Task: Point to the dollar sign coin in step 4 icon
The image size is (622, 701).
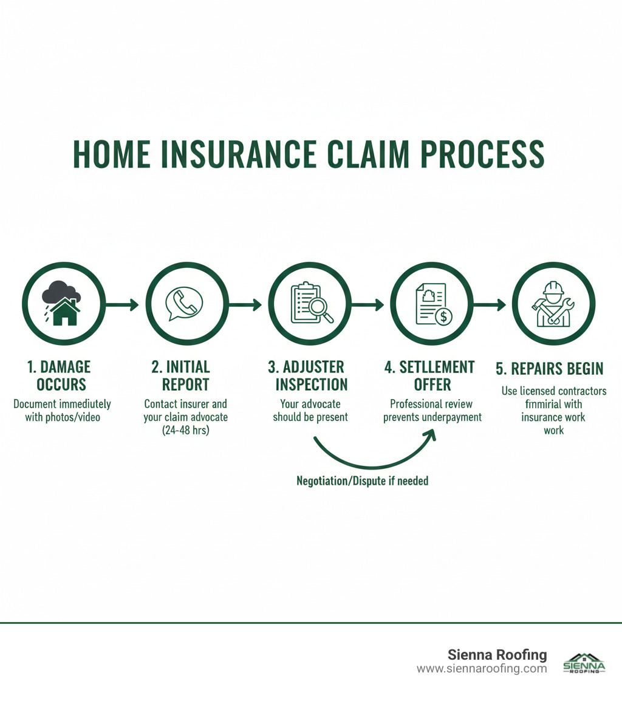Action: pyautogui.click(x=445, y=316)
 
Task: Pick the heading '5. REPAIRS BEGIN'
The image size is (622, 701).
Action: pyautogui.click(x=550, y=369)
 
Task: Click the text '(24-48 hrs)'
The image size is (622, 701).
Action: pyautogui.click(x=185, y=431)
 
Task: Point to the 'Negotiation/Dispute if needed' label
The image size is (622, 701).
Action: pyautogui.click(x=362, y=481)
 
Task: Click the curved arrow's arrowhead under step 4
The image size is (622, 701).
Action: pyautogui.click(x=431, y=436)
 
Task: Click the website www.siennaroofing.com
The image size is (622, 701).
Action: pyautogui.click(x=482, y=669)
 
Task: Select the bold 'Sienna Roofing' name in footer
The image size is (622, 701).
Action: pyautogui.click(x=497, y=655)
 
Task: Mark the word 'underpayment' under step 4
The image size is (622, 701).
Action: pyautogui.click(x=451, y=417)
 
